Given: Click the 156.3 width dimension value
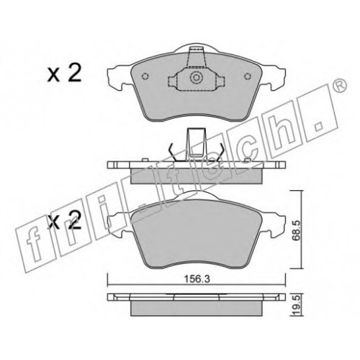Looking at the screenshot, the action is [x=197, y=279].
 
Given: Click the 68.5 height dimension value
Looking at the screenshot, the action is [x=296, y=230].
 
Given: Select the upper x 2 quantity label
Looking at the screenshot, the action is [x=64, y=73].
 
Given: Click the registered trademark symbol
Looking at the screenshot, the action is [x=341, y=85].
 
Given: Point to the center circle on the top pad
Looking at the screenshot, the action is [x=197, y=78].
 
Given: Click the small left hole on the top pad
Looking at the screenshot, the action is [x=145, y=76].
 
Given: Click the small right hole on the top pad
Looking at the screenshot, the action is [x=248, y=76].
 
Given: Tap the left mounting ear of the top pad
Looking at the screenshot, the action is [x=120, y=77].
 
